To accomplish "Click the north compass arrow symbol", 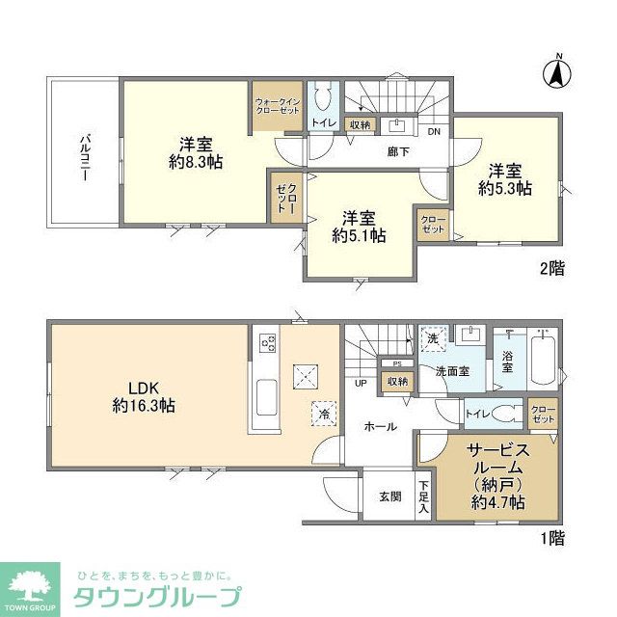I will tap(556, 71).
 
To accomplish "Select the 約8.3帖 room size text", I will tap(196, 162).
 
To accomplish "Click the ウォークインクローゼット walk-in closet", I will tap(278, 107).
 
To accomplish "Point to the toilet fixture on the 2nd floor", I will tap(322, 100).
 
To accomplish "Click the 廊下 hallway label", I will tap(397, 151).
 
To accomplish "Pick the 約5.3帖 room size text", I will tap(505, 189).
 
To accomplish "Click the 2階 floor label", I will tap(551, 269).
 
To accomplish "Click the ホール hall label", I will tap(381, 426).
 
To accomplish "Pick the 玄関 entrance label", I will tap(389, 496).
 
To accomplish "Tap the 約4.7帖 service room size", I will tap(498, 502).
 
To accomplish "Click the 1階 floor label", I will tap(551, 541).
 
